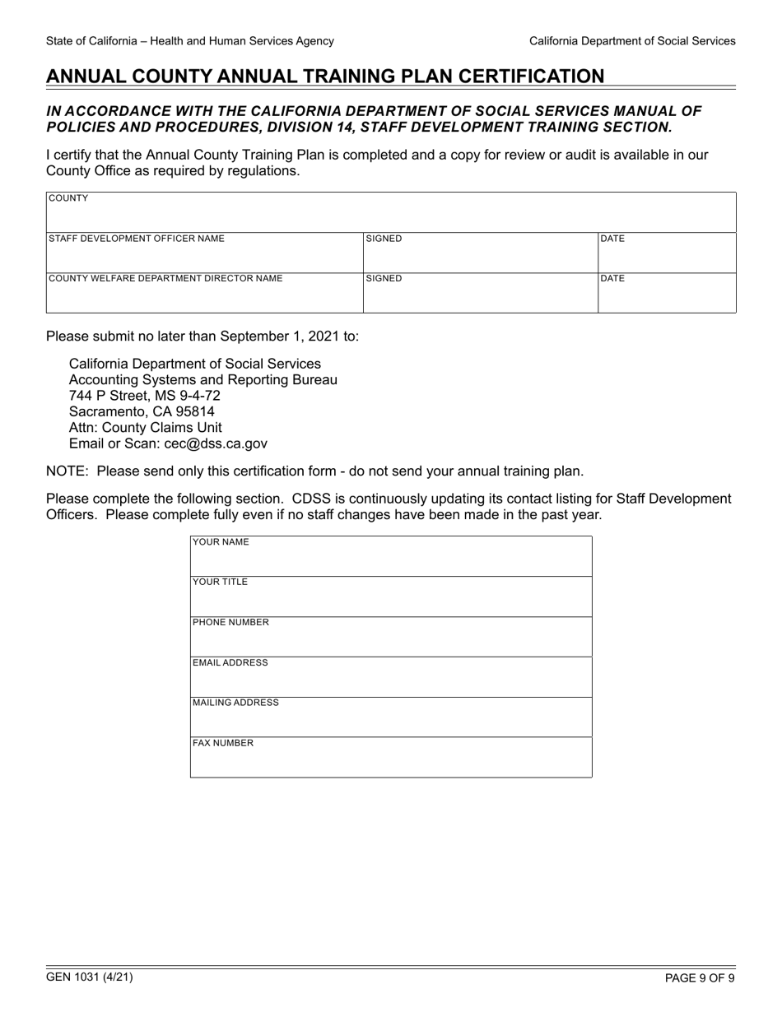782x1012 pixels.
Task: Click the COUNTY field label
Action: [69, 198]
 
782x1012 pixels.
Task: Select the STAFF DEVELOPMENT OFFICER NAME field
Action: [204, 253]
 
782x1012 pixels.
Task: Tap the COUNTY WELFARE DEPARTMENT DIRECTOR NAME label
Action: [165, 278]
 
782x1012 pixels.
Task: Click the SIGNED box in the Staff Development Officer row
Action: [480, 253]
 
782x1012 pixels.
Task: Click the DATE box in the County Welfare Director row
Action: [666, 294]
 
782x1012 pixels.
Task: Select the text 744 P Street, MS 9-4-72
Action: [144, 396]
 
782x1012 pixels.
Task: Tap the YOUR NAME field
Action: [391, 557]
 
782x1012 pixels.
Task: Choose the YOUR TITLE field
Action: [391, 597]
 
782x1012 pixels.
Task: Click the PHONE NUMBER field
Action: [391, 638]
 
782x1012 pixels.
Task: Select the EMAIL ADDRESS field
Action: [391, 678]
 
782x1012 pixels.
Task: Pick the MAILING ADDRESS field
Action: [391, 718]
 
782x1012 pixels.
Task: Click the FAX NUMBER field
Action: [391, 759]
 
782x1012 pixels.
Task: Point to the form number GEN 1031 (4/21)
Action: [90, 977]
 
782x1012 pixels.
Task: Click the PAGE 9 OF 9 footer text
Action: [700, 978]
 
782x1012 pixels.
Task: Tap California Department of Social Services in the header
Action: [632, 40]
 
